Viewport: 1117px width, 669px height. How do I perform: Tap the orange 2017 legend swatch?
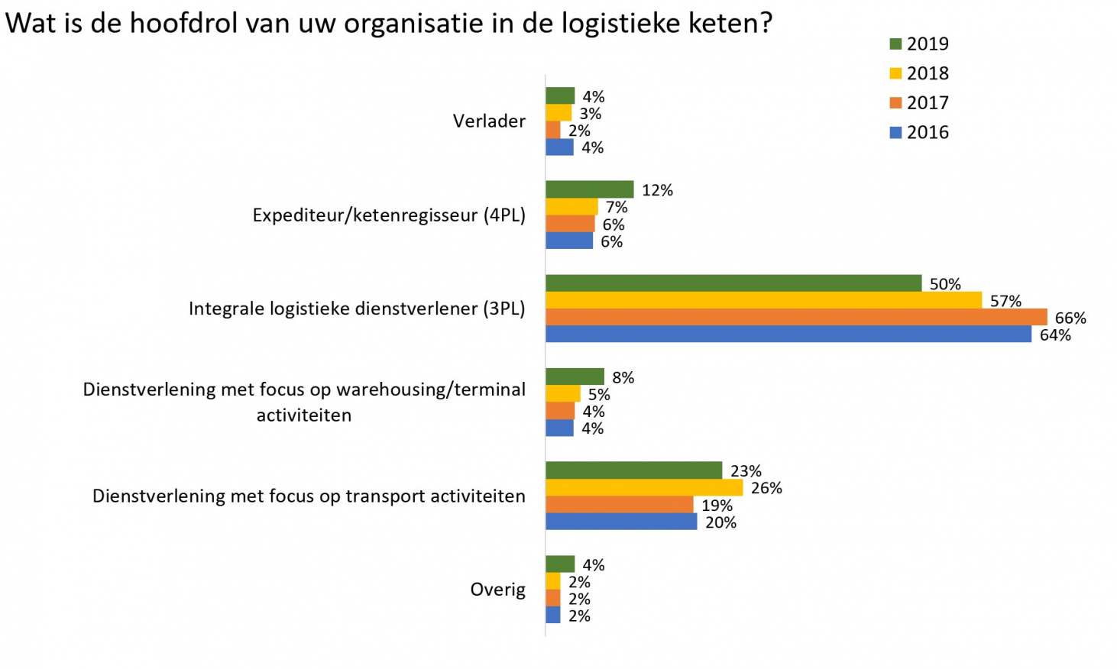896,103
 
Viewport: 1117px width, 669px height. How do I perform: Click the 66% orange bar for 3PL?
796,317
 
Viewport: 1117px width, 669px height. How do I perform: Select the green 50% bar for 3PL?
733,283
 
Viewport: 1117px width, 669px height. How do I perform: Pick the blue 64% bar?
788,334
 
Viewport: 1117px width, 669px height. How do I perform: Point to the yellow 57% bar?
763,300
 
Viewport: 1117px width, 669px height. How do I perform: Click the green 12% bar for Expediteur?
589,189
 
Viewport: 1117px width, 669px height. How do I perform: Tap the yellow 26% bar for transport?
644,487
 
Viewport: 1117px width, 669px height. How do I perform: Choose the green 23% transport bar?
633,470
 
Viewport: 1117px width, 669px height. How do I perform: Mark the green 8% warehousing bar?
575,377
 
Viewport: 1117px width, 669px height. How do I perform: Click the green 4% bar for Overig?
560,564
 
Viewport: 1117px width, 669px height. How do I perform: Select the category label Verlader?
489,121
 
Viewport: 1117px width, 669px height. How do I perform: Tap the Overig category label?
497,590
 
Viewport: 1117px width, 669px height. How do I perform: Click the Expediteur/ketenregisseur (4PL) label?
389,215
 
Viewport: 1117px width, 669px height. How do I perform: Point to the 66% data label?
1070,318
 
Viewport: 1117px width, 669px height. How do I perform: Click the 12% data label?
657,190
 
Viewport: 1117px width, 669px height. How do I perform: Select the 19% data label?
717,506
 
